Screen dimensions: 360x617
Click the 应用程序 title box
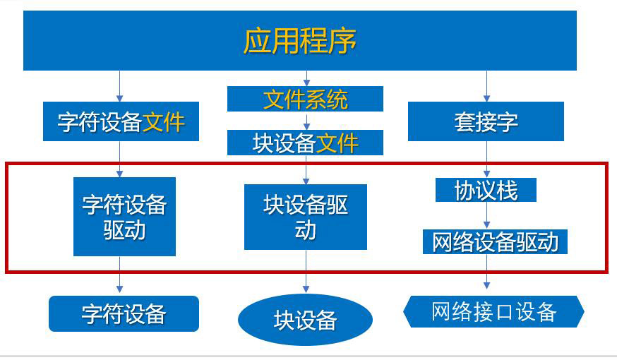299,40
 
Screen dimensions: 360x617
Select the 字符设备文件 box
121,121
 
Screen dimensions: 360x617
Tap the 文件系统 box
305,99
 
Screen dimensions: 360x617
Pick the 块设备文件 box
305,143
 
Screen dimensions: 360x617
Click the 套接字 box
486,121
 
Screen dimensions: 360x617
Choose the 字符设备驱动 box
124,216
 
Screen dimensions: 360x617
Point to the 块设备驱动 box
305,217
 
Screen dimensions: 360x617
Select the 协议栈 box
486,190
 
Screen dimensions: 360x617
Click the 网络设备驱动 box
495,241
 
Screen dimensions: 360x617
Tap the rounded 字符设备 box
124,313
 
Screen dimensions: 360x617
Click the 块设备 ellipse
305,320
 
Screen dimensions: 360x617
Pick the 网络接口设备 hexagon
493,311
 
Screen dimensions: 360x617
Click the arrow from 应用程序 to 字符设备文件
119,86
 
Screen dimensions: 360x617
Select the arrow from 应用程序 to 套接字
486,86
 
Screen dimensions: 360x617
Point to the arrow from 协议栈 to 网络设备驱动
486,215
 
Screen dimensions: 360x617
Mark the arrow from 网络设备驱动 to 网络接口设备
486,272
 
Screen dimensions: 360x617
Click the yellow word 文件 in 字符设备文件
164,122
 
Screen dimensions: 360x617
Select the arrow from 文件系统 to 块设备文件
306,121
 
